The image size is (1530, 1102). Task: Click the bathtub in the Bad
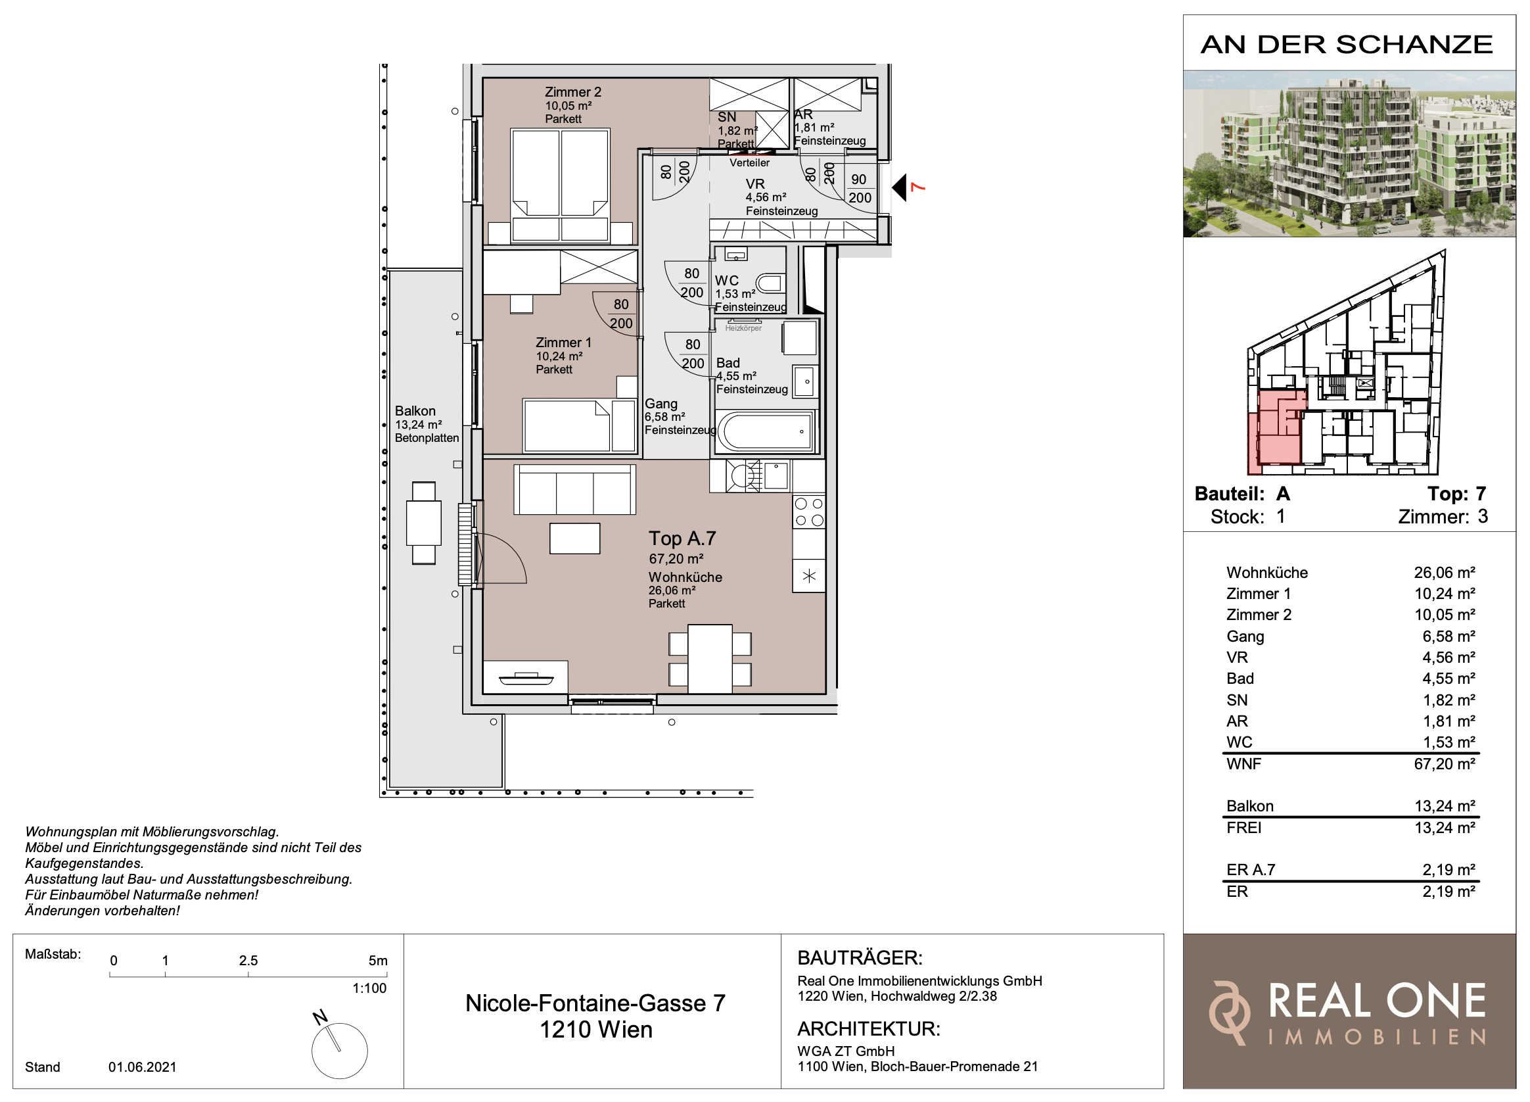point(765,431)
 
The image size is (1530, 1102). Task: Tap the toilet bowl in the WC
point(770,283)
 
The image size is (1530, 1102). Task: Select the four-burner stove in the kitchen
point(809,512)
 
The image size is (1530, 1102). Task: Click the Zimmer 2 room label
point(572,92)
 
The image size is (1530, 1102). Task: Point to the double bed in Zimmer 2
point(560,185)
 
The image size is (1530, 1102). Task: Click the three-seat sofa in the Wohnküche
point(575,489)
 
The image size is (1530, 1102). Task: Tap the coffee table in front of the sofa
point(575,539)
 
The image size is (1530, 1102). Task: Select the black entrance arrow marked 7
point(899,187)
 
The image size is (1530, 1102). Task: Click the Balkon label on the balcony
point(415,411)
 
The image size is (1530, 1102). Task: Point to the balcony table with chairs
point(424,523)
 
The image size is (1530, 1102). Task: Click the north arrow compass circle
point(339,1050)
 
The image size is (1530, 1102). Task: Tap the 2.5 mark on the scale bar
point(248,960)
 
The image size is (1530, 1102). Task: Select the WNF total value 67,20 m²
point(1445,764)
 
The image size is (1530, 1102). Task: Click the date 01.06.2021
point(143,1067)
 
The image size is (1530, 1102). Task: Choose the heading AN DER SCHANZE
point(1347,45)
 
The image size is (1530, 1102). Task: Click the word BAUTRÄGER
point(860,957)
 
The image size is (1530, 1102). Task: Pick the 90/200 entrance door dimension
point(860,188)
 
